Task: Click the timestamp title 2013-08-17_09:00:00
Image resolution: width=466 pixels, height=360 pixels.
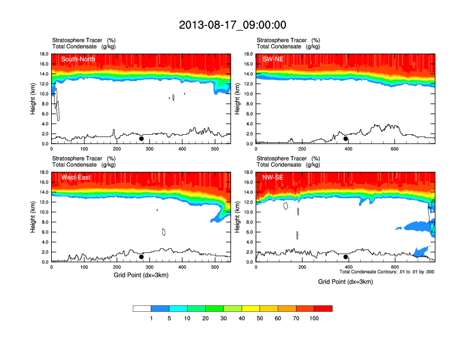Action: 232,25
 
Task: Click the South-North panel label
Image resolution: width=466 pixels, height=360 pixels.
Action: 78,59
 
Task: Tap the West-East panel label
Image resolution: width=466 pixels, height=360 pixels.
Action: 75,177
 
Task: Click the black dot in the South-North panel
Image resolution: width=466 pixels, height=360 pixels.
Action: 141,139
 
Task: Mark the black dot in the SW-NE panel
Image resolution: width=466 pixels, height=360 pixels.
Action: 346,139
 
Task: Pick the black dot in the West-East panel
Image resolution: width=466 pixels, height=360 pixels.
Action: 141,256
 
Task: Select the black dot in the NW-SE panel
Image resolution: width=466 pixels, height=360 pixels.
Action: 346,256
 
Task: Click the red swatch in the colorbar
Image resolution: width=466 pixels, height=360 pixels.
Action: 323,308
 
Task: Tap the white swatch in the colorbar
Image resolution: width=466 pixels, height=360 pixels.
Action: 142,308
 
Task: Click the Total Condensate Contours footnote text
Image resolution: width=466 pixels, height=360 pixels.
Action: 387,272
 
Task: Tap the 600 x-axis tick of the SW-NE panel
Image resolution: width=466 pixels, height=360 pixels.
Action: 394,149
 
